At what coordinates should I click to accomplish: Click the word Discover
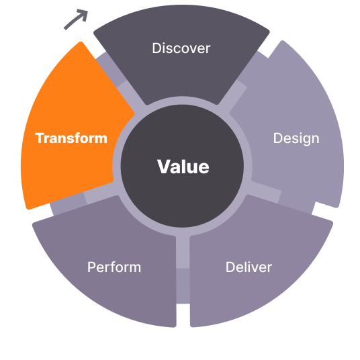coord(181,48)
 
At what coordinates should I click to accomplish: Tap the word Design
coord(296,138)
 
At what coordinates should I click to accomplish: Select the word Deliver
coord(249,267)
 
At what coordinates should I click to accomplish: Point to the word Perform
coord(114,267)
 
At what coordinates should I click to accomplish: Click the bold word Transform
coord(71,138)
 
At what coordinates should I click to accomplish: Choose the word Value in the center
coord(183,167)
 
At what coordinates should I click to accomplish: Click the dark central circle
coord(182,166)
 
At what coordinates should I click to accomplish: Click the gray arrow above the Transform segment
coord(75,19)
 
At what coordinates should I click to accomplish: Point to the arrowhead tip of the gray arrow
coord(87,11)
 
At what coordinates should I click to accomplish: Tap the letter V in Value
coord(163,167)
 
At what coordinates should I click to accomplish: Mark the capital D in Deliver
coord(230,267)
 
